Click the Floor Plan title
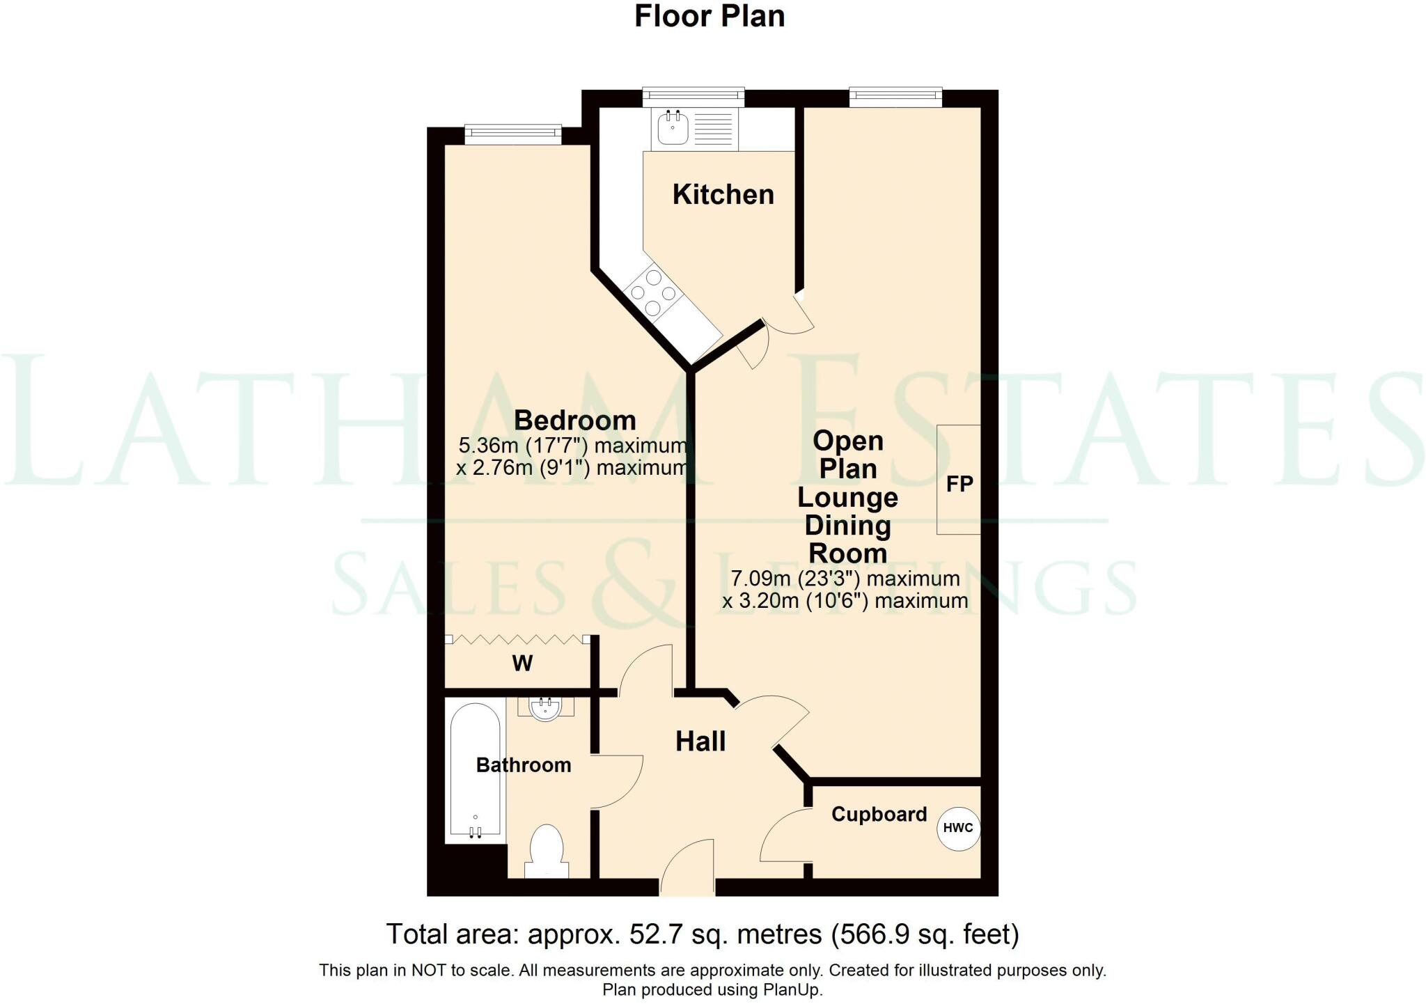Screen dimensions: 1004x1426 point(710,17)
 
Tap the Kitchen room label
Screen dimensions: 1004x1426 point(723,195)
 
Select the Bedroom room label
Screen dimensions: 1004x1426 point(574,421)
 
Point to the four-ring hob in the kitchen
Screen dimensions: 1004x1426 point(653,292)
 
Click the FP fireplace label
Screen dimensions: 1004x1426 point(959,484)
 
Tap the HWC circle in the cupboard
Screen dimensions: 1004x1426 point(958,828)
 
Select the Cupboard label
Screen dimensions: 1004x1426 point(879,814)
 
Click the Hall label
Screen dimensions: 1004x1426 point(700,742)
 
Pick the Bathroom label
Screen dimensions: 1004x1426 point(524,765)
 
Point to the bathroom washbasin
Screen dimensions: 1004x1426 point(545,709)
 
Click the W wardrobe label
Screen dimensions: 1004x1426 point(522,664)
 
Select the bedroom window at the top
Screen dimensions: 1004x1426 point(512,134)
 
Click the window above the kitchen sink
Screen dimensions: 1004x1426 point(694,97)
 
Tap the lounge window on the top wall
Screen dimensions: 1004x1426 point(895,97)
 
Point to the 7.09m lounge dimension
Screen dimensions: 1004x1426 point(760,579)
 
